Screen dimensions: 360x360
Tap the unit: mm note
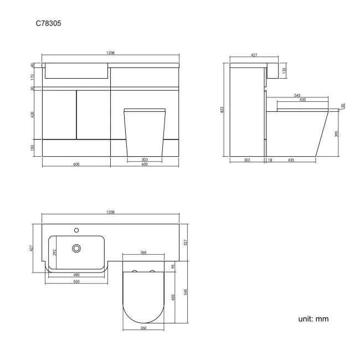pos(314,320)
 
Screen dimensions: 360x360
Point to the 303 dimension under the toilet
pos(144,160)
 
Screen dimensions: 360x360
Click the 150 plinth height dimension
pos(33,148)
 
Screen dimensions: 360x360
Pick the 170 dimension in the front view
pos(33,76)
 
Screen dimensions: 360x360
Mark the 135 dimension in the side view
pos(284,70)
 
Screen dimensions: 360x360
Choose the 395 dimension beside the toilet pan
pos(336,133)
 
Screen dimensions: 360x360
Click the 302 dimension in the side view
pos(247,160)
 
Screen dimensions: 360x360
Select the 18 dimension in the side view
pos(270,160)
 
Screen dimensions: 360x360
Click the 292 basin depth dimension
pos(53,251)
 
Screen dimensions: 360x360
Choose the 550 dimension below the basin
pos(76,281)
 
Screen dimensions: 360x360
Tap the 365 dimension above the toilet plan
pos(143,253)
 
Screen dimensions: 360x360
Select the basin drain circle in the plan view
pos(76,249)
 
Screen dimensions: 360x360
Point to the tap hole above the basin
pos(76,228)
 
